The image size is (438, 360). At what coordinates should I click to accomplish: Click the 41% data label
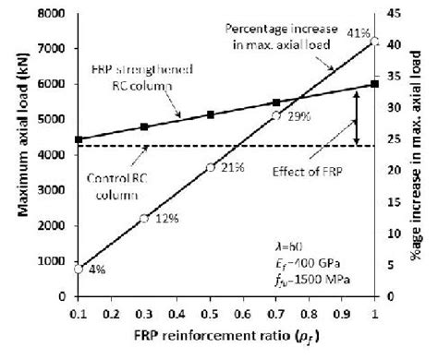tap(352, 32)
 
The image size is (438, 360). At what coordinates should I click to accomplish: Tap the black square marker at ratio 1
tap(374, 83)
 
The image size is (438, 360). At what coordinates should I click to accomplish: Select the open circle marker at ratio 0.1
tap(79, 269)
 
